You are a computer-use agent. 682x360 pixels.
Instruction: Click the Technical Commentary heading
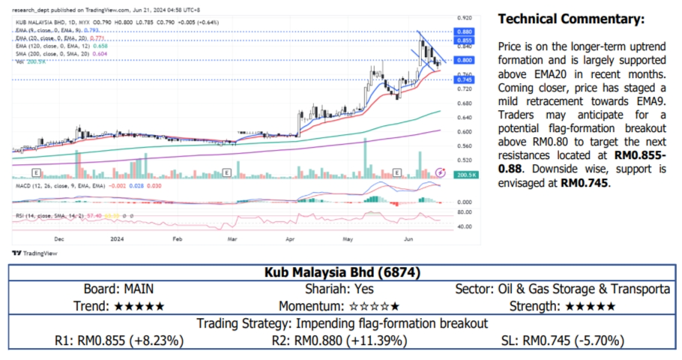point(570,19)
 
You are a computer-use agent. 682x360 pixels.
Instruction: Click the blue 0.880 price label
point(465,32)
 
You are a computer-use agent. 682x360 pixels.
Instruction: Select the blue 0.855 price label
point(465,40)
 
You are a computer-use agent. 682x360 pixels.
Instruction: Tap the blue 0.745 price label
point(465,79)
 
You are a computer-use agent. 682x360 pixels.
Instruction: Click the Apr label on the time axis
point(290,239)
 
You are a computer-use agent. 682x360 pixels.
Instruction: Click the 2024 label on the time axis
point(116,239)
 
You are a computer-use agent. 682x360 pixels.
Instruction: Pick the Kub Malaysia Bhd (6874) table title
point(341,272)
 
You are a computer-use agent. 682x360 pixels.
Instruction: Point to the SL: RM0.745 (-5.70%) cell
point(561,340)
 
